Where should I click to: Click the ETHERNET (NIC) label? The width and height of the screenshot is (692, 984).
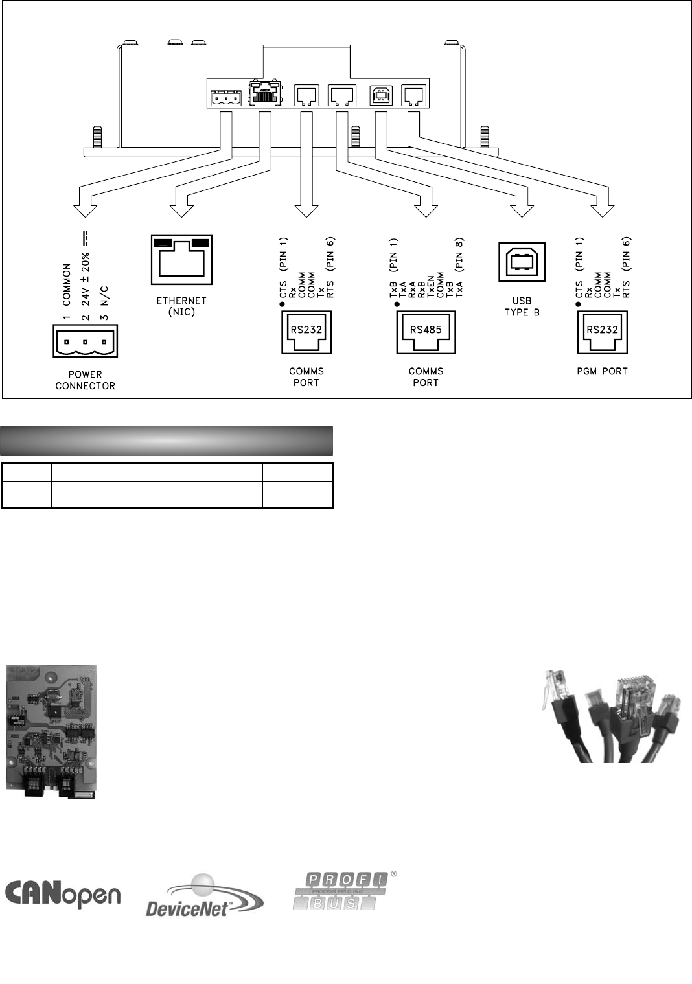point(181,306)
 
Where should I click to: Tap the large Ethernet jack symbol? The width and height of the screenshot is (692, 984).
point(181,259)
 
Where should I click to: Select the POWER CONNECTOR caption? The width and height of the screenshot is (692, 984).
point(85,380)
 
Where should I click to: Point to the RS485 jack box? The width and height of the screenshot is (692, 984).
point(426,332)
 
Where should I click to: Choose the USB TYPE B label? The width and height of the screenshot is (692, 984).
point(521,306)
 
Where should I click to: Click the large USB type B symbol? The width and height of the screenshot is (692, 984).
point(521,262)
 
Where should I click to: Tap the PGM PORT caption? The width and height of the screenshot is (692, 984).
point(602,372)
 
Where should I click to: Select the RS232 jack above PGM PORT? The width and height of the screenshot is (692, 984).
point(602,332)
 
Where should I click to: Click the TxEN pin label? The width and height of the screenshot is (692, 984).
point(431,285)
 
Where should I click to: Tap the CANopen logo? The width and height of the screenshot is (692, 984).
point(63,894)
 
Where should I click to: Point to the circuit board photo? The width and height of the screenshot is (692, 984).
point(51,731)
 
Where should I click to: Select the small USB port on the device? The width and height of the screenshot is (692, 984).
point(378,95)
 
